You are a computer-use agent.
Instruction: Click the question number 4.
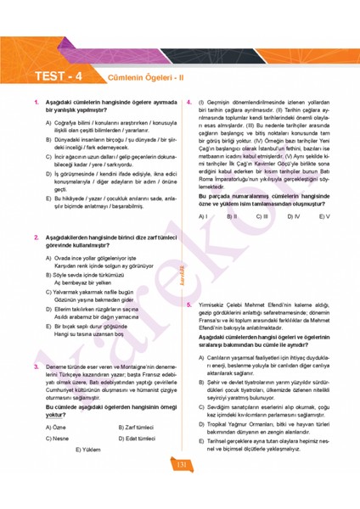tap(188, 103)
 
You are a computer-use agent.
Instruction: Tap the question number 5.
tap(188, 304)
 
